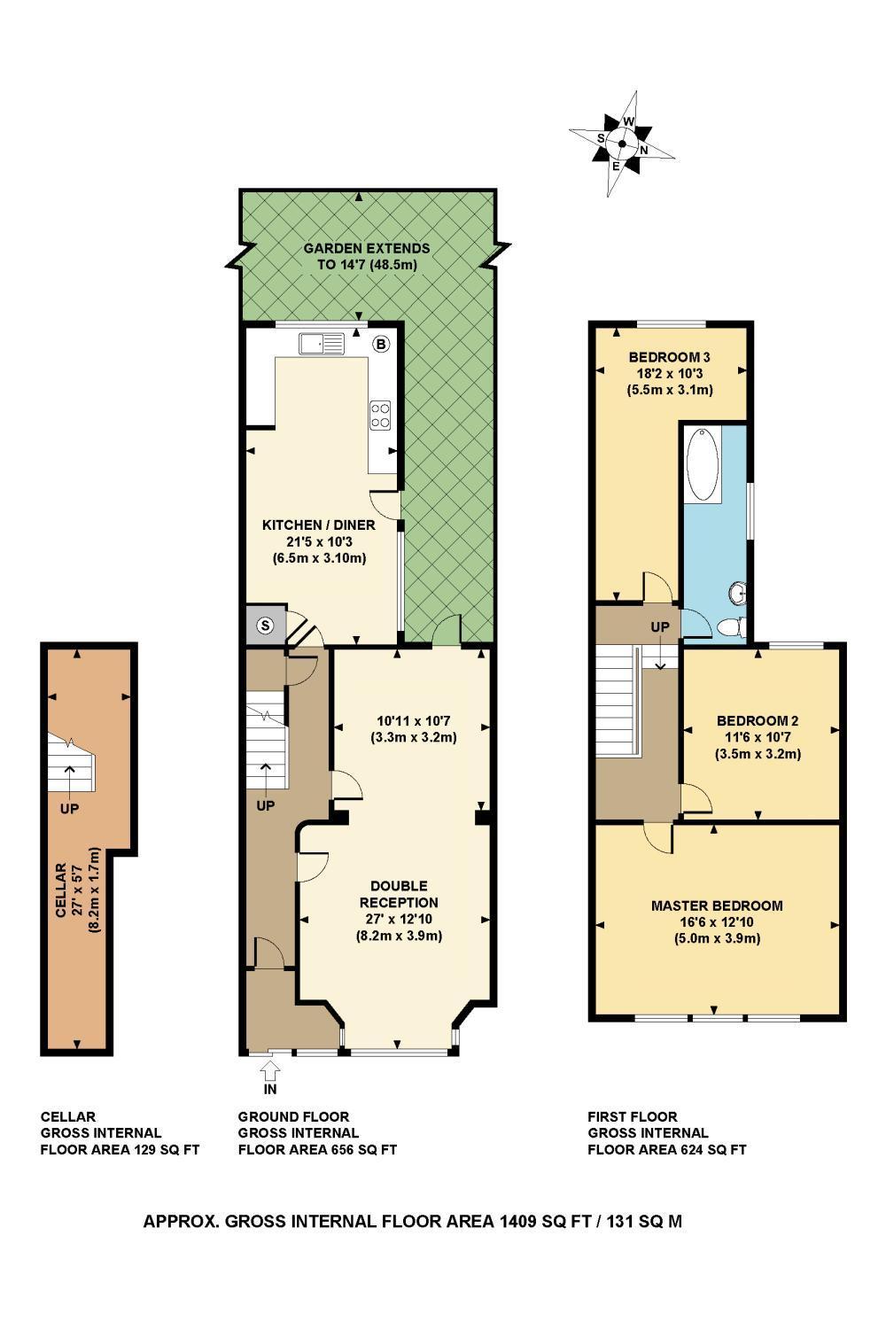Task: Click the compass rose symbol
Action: [622, 144]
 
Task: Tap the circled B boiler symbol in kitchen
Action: [381, 344]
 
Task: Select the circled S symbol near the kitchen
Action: [264, 626]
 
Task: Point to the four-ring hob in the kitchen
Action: [381, 416]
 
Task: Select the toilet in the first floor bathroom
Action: [731, 627]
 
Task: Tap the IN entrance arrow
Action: [269, 1076]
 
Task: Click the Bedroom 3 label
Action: [670, 358]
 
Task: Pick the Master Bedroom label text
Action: [717, 905]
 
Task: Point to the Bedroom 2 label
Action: [758, 720]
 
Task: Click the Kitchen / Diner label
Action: [318, 525]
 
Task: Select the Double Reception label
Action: [399, 894]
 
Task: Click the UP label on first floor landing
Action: [660, 627]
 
